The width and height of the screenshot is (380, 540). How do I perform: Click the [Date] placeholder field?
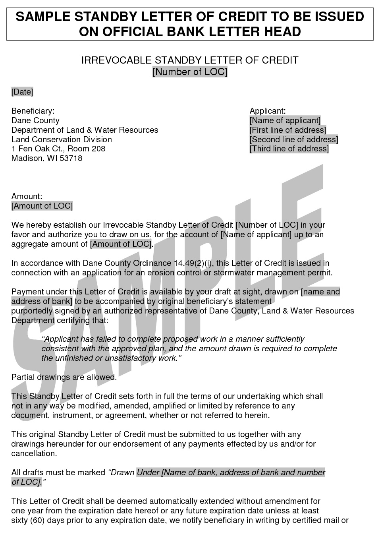click(22, 92)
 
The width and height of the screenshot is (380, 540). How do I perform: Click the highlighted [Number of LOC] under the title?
click(190, 72)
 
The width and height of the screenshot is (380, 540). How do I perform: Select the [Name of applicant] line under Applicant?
click(285, 120)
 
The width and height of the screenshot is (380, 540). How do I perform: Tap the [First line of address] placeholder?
click(287, 130)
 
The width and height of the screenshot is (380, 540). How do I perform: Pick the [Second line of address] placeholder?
click(294, 139)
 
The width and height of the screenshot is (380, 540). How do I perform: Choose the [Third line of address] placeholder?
click(289, 149)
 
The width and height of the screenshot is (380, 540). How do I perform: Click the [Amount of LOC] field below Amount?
click(42, 206)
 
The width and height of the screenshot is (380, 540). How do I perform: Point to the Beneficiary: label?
click(33, 111)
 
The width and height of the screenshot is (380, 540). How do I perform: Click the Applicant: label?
click(268, 111)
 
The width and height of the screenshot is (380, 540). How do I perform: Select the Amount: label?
click(27, 196)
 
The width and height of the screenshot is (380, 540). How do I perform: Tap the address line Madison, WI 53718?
click(47, 158)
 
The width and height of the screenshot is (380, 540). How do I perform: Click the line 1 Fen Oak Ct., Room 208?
click(58, 149)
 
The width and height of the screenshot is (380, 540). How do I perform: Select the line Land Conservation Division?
click(62, 139)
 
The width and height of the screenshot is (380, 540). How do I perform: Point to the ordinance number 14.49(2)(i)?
click(195, 263)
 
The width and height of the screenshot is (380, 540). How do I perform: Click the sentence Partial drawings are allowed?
click(64, 377)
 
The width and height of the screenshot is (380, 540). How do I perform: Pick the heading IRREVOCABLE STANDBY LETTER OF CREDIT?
click(190, 60)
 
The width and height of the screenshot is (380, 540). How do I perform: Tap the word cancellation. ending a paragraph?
click(34, 453)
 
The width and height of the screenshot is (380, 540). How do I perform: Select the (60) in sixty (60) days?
click(37, 520)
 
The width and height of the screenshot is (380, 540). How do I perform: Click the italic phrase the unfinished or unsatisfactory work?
click(111, 358)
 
